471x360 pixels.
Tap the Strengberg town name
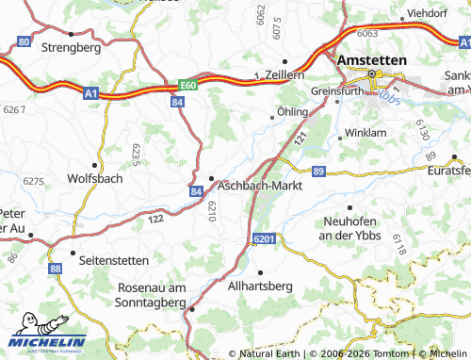click(73, 45)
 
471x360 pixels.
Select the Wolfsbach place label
click(95, 178)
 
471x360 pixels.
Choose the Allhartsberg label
click(261, 286)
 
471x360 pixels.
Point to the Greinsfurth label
click(338, 92)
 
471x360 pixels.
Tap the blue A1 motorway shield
click(90, 94)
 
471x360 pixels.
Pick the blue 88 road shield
click(56, 269)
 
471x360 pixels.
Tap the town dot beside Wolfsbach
click(95, 164)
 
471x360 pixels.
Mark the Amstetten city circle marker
click(372, 74)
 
